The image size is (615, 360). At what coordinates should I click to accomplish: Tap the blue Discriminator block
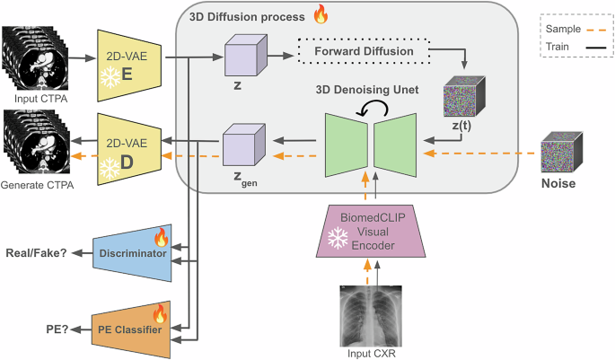click(x=132, y=252)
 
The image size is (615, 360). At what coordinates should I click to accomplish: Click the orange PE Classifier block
click(x=132, y=331)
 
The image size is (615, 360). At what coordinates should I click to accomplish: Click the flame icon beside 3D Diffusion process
click(x=320, y=14)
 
